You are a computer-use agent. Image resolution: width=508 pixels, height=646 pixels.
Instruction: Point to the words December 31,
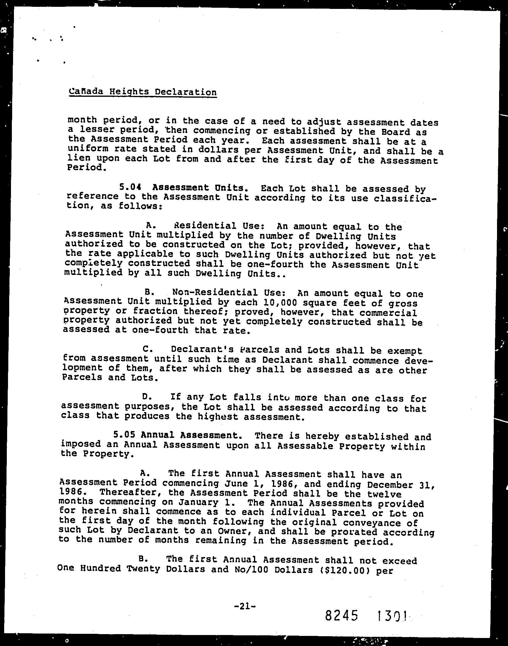401,485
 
